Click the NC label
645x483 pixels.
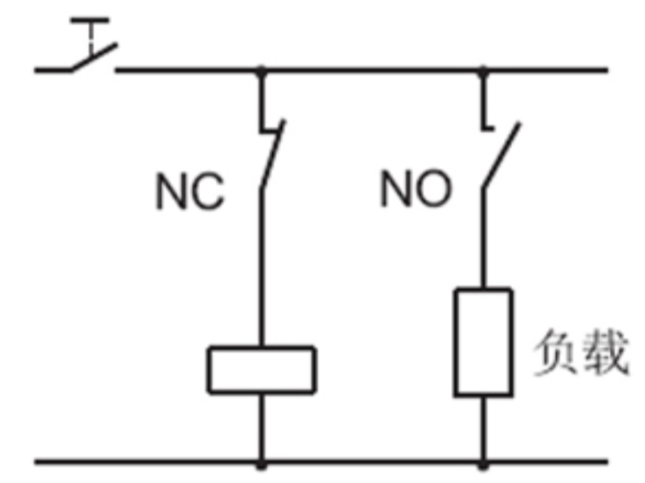pos(189,192)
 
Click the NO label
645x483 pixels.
pos(415,189)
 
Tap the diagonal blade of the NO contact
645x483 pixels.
pos(500,155)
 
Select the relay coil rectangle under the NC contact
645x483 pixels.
pos(261,369)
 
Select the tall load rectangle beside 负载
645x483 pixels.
pos(482,341)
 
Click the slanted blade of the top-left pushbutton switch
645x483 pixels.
pos(93,59)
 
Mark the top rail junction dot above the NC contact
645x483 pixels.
pos(261,70)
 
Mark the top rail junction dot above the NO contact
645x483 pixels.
pos(483,70)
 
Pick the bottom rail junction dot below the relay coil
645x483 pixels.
pos(261,460)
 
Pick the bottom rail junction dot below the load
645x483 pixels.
pos(483,460)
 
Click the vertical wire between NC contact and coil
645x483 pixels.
pos(261,264)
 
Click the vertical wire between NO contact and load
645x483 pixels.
pos(483,238)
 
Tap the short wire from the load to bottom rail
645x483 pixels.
pos(483,427)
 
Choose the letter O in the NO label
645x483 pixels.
pos(433,189)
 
